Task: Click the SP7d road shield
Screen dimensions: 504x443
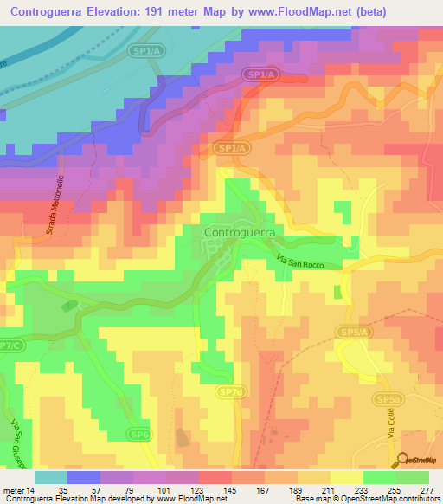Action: pos(231,393)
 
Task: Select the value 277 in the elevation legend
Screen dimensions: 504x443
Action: pos(427,491)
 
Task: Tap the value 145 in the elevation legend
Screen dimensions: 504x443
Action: pos(231,491)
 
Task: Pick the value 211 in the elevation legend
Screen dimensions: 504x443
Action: pos(330,491)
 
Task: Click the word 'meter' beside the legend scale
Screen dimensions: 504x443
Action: pos(16,491)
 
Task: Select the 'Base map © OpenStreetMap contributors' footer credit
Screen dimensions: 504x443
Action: pos(368,500)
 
